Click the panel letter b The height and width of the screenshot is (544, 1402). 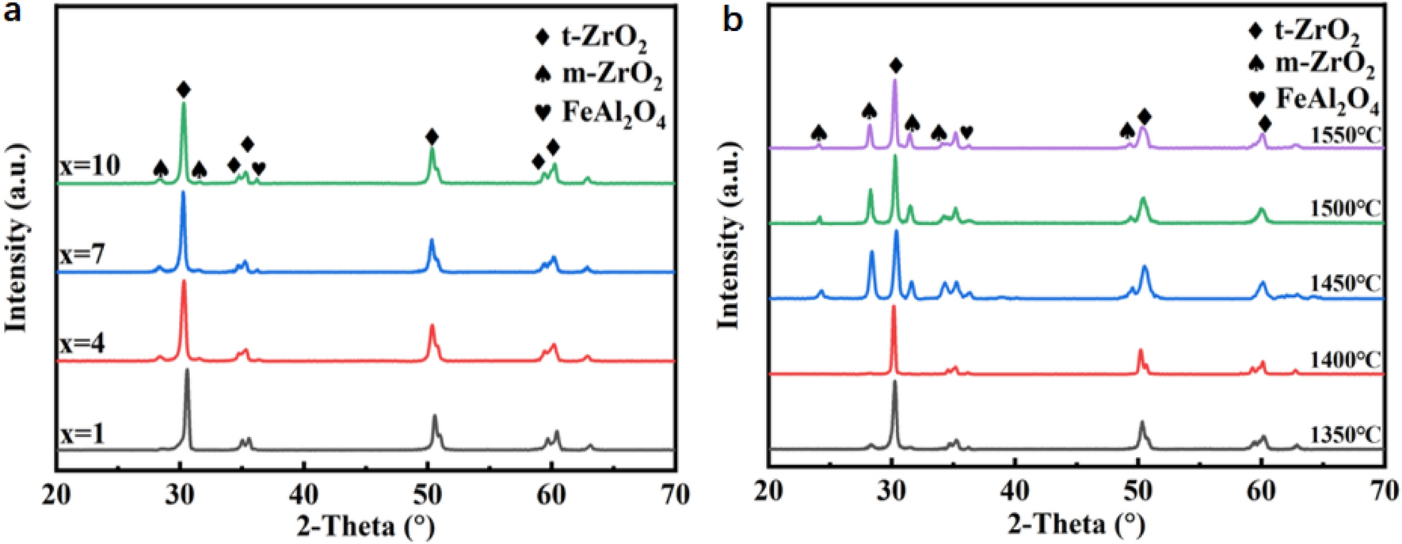tap(733, 20)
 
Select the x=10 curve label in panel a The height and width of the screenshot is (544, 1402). tap(90, 165)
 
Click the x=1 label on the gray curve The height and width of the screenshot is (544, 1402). tap(82, 434)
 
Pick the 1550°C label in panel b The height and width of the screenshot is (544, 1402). tap(1345, 135)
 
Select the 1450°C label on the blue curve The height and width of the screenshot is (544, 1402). tap(1345, 283)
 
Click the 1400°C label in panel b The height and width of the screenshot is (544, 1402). tap(1345, 359)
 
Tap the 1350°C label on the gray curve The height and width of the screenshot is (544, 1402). tap(1345, 435)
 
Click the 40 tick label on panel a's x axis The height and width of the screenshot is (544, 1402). tap(303, 495)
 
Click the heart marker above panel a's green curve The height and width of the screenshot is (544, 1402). tap(259, 168)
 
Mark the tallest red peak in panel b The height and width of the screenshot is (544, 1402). tap(893, 309)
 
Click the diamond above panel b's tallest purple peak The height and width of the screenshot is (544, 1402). tap(895, 65)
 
